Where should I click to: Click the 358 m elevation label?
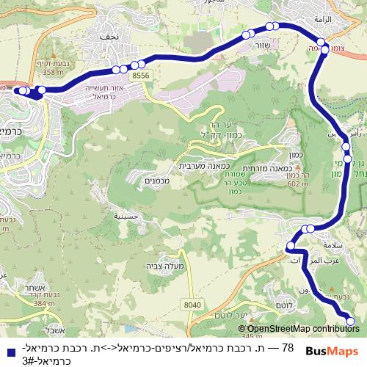(54, 73)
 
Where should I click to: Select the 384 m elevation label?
(43, 302)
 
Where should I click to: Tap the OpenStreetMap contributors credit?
(302, 329)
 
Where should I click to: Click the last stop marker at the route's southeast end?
(349, 321)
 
